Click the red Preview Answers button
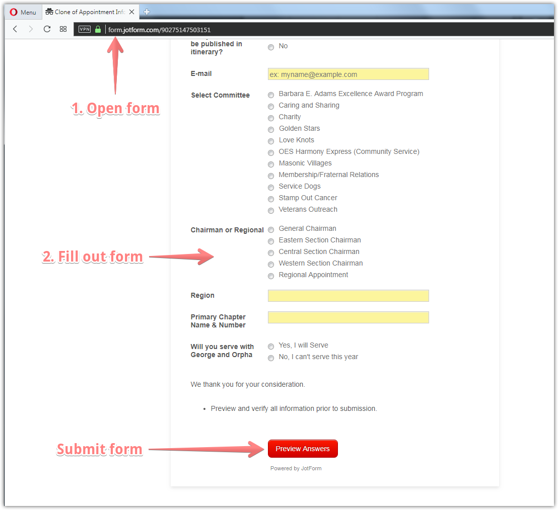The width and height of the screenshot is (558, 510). click(x=303, y=449)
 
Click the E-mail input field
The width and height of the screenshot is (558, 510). click(x=348, y=74)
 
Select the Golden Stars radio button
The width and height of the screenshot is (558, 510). click(x=271, y=130)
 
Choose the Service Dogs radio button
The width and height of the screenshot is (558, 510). click(x=271, y=188)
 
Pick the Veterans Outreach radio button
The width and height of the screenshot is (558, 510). click(x=271, y=211)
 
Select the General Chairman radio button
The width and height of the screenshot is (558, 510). click(x=271, y=230)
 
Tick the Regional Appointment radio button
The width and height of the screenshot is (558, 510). click(x=271, y=276)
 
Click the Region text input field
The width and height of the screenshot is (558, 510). click(x=348, y=296)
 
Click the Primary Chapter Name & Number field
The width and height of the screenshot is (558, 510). click(x=348, y=317)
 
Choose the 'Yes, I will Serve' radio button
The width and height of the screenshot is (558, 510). click(x=271, y=347)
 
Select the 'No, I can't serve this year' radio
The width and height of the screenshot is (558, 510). click(x=271, y=358)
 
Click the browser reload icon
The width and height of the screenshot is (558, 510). click(x=47, y=29)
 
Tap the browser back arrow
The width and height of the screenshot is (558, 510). click(x=15, y=29)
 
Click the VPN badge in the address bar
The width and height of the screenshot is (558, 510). click(x=85, y=29)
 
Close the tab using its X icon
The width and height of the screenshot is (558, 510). click(x=131, y=12)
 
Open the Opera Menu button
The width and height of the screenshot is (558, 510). click(x=23, y=12)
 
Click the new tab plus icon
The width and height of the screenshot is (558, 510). click(x=147, y=12)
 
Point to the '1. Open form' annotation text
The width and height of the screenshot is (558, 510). click(x=115, y=108)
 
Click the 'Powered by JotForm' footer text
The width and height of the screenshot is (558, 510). click(x=296, y=468)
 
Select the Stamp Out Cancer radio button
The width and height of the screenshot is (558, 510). click(x=271, y=199)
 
